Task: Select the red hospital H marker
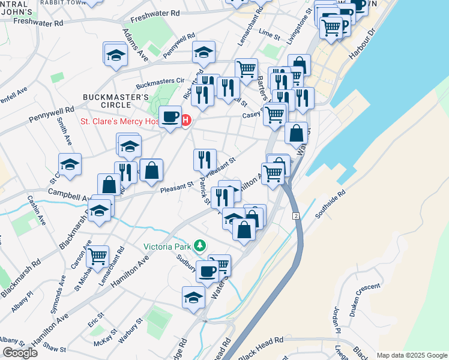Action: [185, 121]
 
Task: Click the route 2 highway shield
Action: [296, 215]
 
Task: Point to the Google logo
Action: [20, 353]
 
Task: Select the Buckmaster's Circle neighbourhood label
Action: [115, 101]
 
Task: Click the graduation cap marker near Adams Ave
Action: [115, 55]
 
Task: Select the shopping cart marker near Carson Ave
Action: [97, 256]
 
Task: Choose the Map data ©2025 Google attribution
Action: [412, 355]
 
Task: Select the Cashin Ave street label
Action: [35, 210]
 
